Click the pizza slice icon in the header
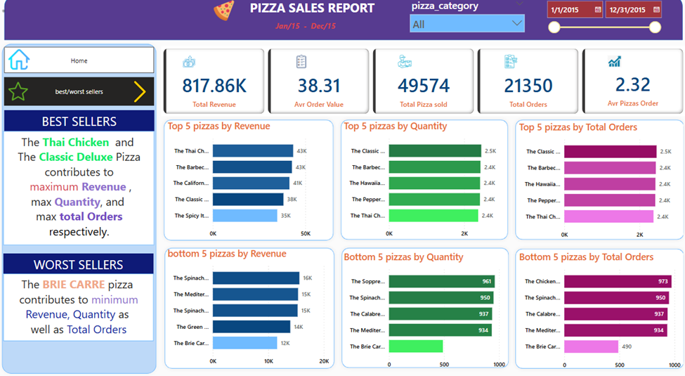(224, 11)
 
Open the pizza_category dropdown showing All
(467, 24)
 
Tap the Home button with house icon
(79, 60)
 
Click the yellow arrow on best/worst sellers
(140, 91)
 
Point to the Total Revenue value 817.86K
(214, 85)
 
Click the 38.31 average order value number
(319, 85)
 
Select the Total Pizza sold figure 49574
(424, 85)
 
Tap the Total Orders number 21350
(528, 85)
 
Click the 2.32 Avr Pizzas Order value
(632, 85)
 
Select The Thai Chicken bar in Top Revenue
(253, 151)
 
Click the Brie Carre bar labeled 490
(591, 346)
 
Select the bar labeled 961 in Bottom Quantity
(441, 282)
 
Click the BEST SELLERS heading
(79, 121)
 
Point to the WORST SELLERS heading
(79, 264)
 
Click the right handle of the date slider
(655, 27)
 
